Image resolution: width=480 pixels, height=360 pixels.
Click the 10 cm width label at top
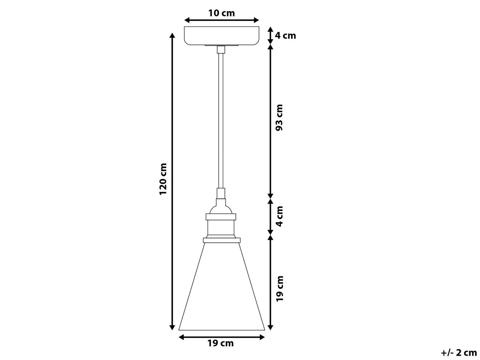tap(221, 13)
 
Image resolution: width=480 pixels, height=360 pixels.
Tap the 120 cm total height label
tap(163, 179)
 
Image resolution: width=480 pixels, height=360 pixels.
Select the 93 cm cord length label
tap(279, 118)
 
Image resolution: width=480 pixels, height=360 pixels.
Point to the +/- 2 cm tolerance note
tap(459, 352)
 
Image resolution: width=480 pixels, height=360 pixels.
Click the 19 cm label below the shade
tap(220, 343)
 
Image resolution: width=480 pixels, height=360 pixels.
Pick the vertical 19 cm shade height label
tap(280, 288)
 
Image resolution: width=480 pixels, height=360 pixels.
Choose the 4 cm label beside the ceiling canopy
tap(285, 36)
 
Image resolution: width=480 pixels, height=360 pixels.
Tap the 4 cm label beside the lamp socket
tap(280, 216)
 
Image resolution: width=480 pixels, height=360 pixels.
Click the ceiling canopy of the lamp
tap(222, 36)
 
